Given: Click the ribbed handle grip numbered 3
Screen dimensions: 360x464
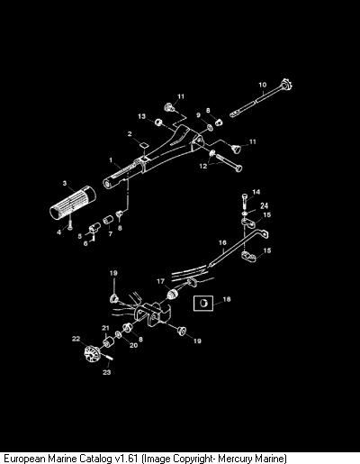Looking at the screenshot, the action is (x=73, y=204).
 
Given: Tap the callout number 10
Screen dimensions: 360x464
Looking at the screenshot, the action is (x=263, y=85).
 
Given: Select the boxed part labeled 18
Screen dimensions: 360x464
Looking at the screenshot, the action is (x=203, y=303).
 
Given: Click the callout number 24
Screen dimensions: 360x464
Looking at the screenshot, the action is (x=264, y=205).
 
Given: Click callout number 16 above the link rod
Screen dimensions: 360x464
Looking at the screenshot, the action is (x=222, y=242).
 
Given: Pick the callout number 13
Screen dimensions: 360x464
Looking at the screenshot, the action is (x=141, y=116).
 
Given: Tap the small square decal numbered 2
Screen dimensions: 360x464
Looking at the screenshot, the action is (x=144, y=144).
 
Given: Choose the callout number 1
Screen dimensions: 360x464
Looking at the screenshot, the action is (x=111, y=160).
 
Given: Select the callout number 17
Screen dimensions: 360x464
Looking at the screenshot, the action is (x=161, y=281).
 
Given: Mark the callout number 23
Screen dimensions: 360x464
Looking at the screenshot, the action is (x=107, y=372).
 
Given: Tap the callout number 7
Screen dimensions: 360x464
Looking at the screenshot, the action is (x=111, y=233).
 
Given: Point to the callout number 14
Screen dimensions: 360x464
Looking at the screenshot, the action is (x=256, y=192).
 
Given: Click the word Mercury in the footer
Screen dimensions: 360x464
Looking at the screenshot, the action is (x=235, y=459).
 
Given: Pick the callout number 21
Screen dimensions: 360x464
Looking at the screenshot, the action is (x=105, y=328).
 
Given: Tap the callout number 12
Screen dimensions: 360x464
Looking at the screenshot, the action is (x=203, y=166).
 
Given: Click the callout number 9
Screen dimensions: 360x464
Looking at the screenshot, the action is (x=198, y=115).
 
